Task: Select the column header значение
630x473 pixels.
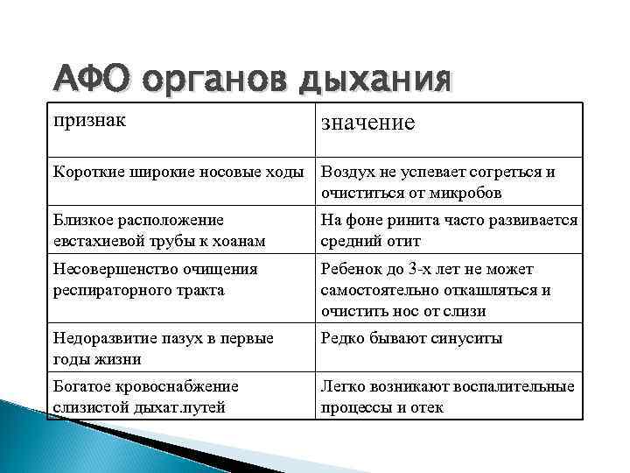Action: (368, 123)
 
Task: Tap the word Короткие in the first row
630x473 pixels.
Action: (88, 172)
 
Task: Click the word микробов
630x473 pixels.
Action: (458, 192)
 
